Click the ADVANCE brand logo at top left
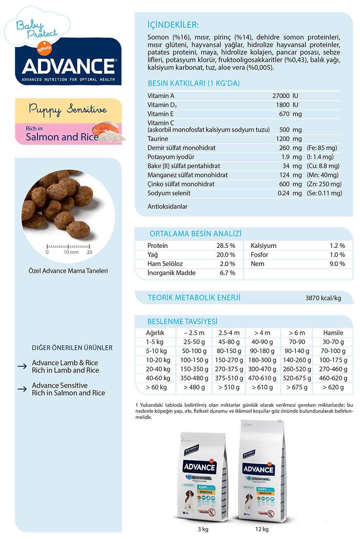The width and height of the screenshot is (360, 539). tap(68, 66)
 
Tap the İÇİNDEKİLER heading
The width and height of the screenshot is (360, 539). tap(173, 24)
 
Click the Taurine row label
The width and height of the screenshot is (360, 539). tap(158, 139)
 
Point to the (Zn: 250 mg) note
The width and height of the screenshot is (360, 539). tap(324, 184)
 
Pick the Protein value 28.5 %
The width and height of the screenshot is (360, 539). tap(226, 246)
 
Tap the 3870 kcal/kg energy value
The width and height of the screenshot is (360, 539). tap(323, 298)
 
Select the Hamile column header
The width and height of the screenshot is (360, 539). tap(333, 333)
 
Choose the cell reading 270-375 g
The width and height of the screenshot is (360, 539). tap(229, 369)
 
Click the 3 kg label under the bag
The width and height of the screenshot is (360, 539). tap(203, 529)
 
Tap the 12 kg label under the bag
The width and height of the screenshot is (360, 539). tap(262, 529)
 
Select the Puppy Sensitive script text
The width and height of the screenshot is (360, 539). tap(68, 110)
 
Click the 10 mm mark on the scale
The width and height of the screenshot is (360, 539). tap(71, 252)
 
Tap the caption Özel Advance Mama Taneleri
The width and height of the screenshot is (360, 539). tap(68, 271)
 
